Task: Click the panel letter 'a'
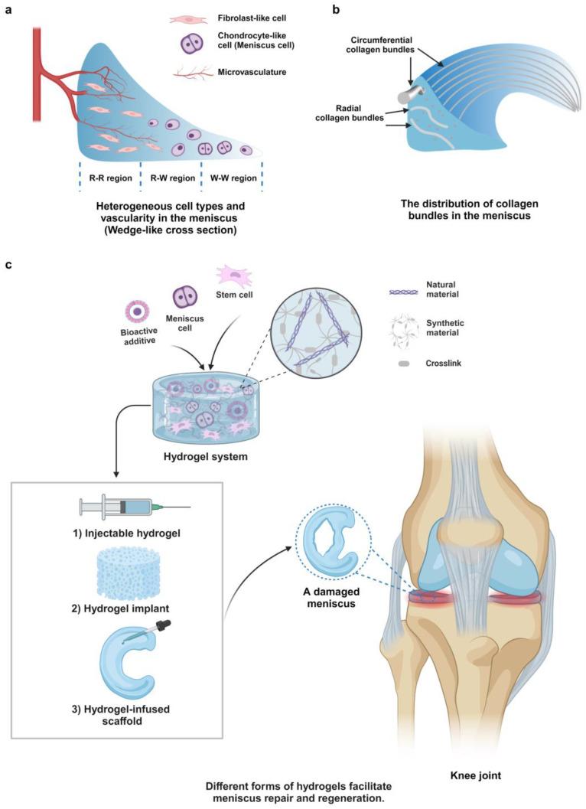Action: (9, 10)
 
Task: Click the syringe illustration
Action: (135, 507)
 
